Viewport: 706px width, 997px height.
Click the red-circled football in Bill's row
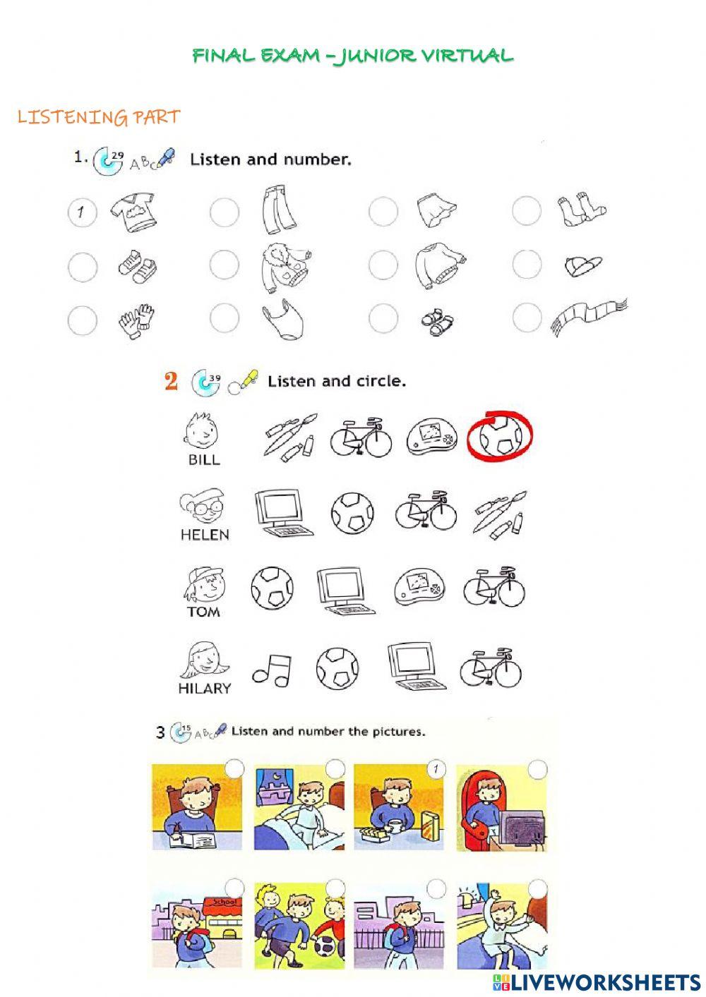click(x=501, y=437)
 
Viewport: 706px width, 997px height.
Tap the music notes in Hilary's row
click(x=272, y=669)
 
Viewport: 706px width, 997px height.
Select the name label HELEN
click(x=205, y=535)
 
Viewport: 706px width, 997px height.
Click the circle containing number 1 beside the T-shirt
click(x=82, y=211)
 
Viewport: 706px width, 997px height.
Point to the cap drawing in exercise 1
click(x=583, y=265)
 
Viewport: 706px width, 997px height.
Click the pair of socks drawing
click(x=579, y=210)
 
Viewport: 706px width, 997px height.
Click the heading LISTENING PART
click(x=99, y=117)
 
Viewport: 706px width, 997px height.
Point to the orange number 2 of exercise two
click(x=171, y=382)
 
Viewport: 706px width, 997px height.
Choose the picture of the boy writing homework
click(x=196, y=807)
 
